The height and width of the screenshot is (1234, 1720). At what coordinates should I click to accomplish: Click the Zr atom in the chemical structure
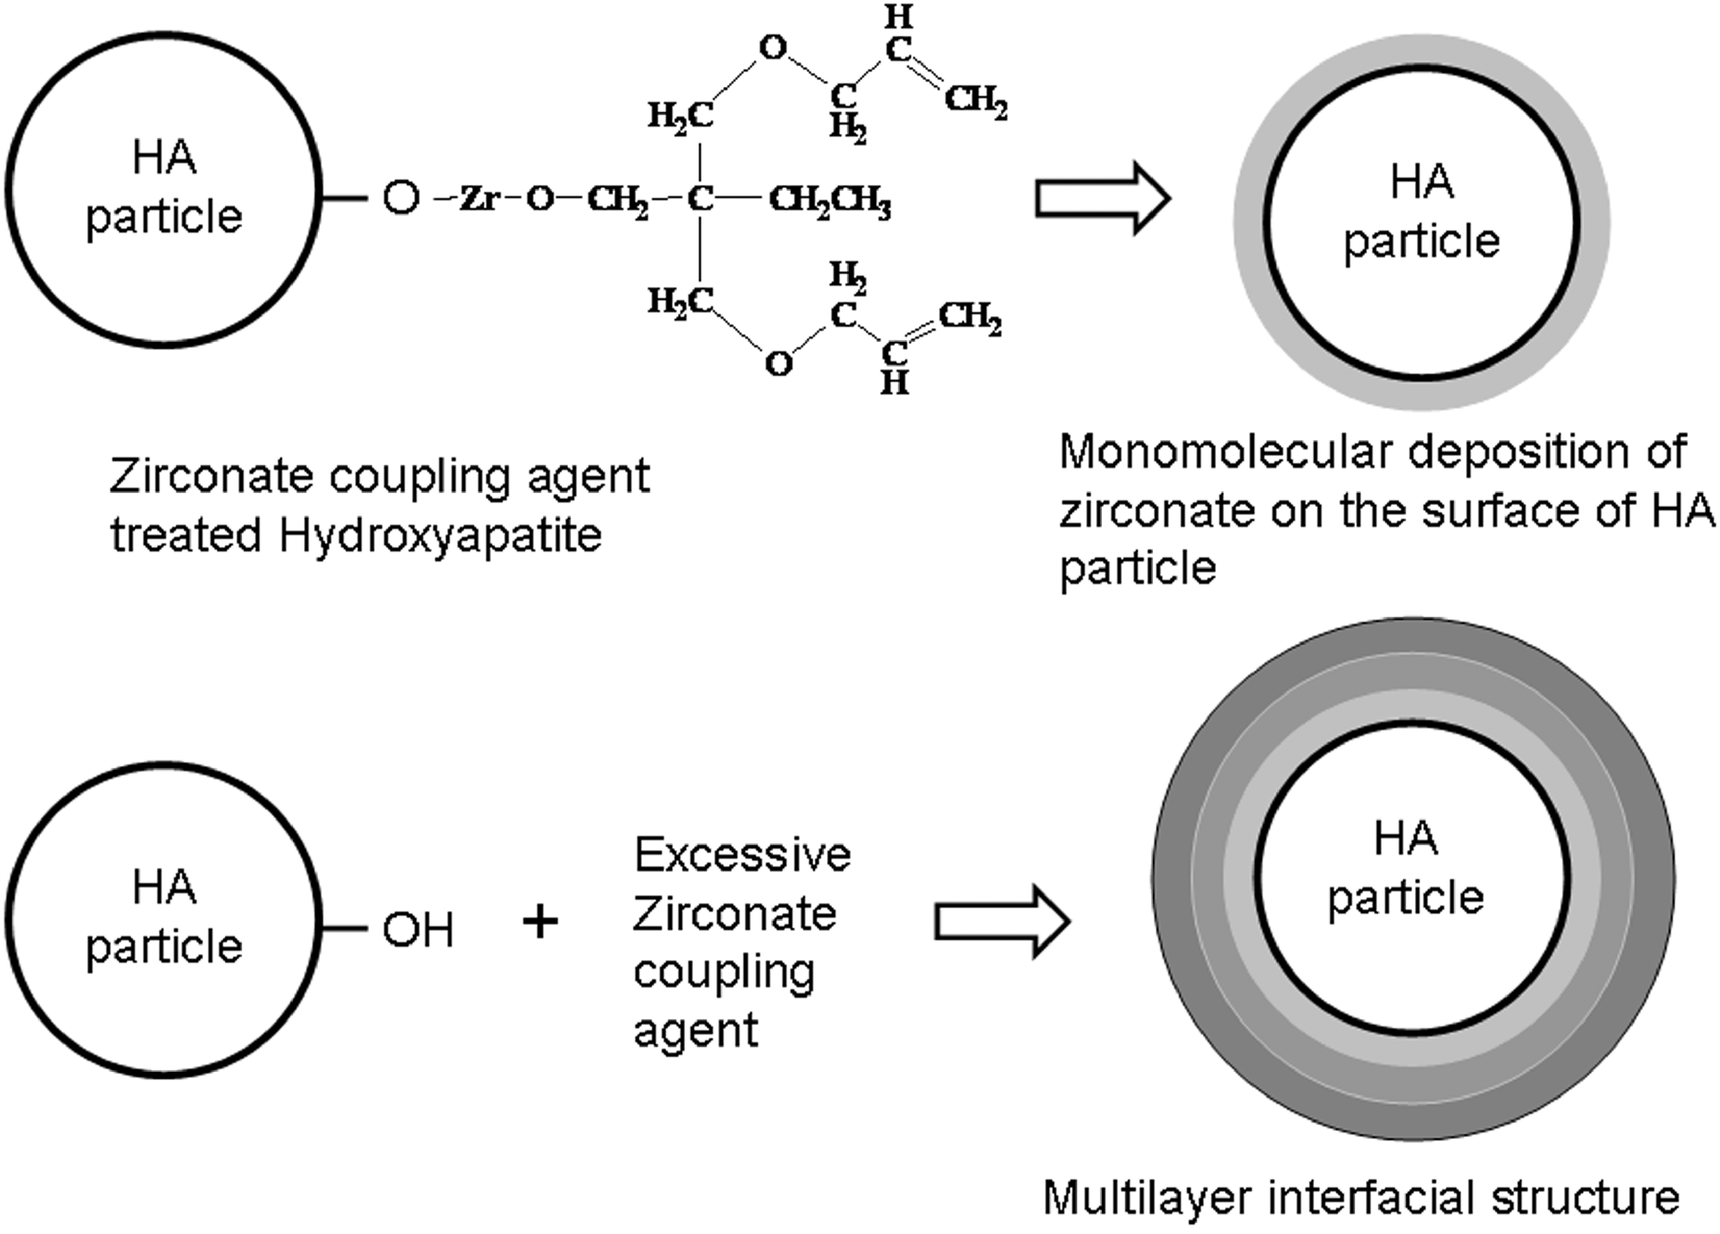479,199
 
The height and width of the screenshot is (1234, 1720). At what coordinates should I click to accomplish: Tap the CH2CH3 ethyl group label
829,201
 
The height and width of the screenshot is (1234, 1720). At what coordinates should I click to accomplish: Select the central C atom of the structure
700,199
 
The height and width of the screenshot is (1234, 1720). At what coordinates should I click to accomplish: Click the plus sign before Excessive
541,923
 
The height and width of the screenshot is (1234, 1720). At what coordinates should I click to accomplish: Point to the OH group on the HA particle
418,930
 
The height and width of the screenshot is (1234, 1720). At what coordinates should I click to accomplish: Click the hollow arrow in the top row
1103,199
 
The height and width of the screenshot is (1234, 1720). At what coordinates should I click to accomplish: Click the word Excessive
742,856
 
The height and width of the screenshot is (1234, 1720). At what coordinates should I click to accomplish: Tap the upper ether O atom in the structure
773,48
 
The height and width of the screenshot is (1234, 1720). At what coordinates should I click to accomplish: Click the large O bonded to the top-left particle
401,198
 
